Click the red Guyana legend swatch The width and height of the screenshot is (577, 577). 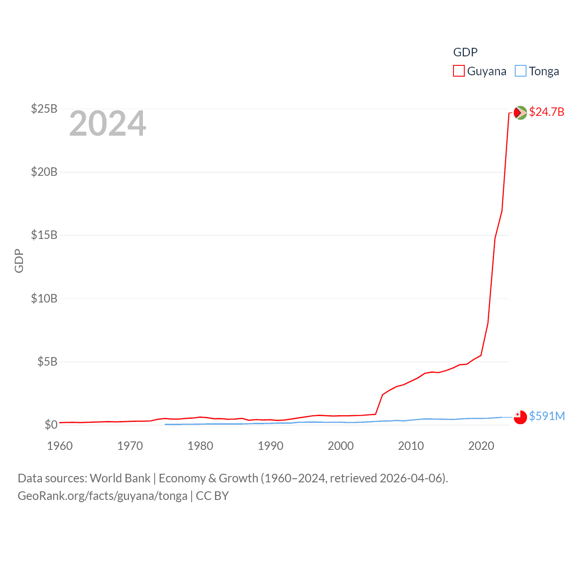pyautogui.click(x=458, y=71)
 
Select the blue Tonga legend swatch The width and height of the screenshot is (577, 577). pyautogui.click(x=520, y=71)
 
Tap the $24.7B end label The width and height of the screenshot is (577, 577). pyautogui.click(x=546, y=112)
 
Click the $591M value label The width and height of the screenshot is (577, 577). pyautogui.click(x=547, y=416)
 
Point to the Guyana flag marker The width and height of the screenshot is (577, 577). pyautogui.click(x=520, y=113)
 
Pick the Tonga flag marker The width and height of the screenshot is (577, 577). pyautogui.click(x=520, y=417)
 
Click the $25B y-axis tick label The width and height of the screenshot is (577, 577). pyautogui.click(x=44, y=109)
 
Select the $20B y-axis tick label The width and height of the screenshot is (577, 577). pyautogui.click(x=44, y=172)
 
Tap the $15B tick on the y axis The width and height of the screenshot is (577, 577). pyautogui.click(x=44, y=235)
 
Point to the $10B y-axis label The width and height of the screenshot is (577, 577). pyautogui.click(x=44, y=298)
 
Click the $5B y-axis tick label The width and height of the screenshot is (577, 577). pyautogui.click(x=47, y=362)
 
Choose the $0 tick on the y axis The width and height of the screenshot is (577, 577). pyautogui.click(x=50, y=425)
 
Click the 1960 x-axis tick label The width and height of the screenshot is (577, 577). pyautogui.click(x=60, y=446)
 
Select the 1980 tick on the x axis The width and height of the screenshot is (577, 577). pyautogui.click(x=200, y=446)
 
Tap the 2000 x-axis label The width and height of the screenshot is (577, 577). pyautogui.click(x=340, y=446)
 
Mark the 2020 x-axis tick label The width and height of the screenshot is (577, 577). pyautogui.click(x=481, y=446)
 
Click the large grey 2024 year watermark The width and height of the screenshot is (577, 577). pyautogui.click(x=107, y=124)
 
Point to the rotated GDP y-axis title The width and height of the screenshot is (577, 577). pyautogui.click(x=19, y=261)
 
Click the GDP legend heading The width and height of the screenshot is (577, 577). pyautogui.click(x=465, y=52)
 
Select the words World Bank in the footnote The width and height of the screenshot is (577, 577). pyautogui.click(x=120, y=478)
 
